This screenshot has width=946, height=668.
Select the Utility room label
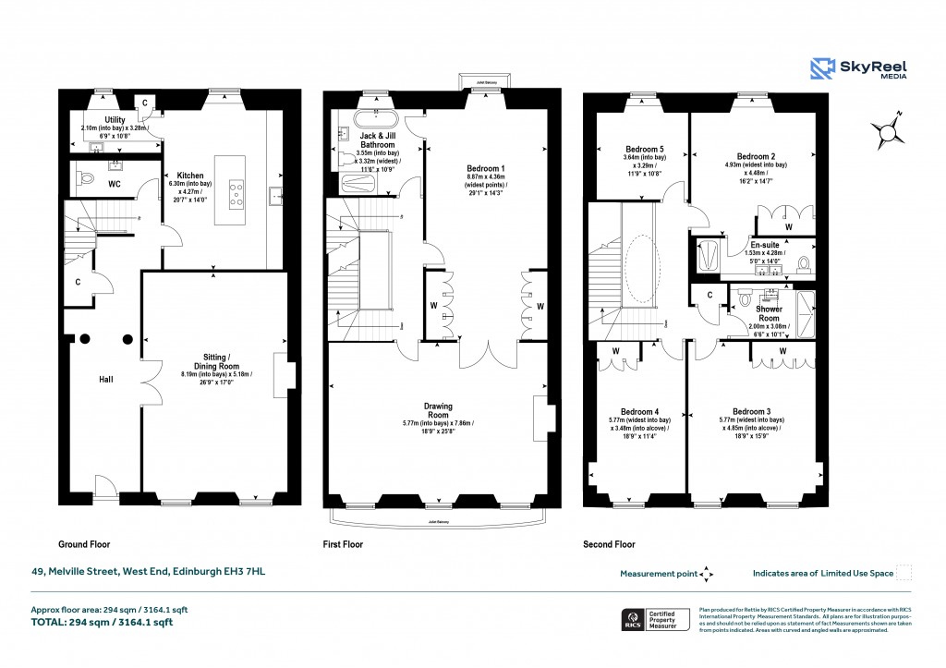[115, 120]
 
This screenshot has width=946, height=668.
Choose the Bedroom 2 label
[755, 156]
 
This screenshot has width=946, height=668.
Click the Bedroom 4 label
[639, 411]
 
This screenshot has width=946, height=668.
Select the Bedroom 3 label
[751, 411]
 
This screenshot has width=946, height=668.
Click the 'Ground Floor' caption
[84, 545]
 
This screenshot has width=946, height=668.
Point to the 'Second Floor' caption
[609, 545]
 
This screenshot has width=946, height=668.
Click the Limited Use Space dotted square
[904, 573]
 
